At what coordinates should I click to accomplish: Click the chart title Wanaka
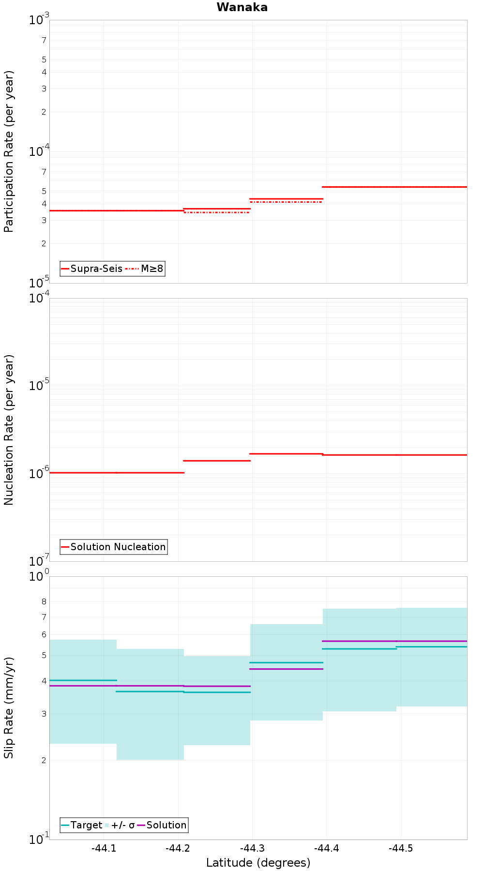point(242,7)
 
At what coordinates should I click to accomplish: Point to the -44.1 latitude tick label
point(104,848)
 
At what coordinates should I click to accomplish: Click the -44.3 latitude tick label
point(252,848)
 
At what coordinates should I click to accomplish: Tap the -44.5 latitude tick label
point(401,848)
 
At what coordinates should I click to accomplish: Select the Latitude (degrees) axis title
point(258,863)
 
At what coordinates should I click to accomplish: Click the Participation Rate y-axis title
point(9,151)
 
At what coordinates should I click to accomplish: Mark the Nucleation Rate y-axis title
point(9,430)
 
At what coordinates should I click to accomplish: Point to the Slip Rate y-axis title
point(9,708)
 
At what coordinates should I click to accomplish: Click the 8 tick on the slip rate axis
point(44,601)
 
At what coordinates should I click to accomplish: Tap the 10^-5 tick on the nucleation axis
point(39,385)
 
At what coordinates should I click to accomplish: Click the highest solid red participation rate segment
point(394,187)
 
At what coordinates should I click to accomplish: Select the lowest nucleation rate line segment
point(117,472)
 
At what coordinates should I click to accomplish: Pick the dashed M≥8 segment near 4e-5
point(286,202)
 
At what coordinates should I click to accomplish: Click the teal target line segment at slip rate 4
point(83,680)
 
